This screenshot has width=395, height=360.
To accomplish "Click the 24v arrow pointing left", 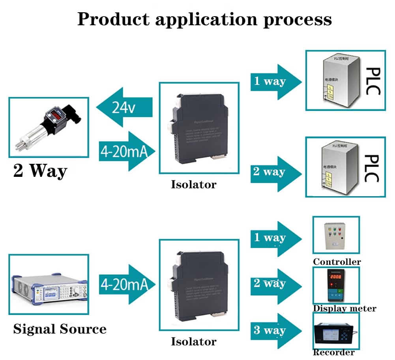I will point(124,108).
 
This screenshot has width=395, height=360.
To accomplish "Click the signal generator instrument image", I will point(49,284).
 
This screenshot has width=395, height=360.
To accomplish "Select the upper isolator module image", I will point(198,128).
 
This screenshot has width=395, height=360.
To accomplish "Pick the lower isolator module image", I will point(198,285).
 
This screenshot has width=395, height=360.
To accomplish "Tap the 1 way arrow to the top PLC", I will point(275,82).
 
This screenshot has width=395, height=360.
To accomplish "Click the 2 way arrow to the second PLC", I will point(275,172).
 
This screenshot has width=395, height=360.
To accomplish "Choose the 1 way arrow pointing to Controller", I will point(275,238).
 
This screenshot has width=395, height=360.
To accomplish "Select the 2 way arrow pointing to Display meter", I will point(275,284).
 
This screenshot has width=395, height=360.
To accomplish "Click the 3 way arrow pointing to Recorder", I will point(275,330).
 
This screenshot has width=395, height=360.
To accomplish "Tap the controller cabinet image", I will point(335,236).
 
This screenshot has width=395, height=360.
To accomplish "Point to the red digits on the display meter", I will point(336,277).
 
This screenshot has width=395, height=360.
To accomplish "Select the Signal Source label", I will point(60,329).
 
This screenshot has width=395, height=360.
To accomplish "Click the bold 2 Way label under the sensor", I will point(40,171).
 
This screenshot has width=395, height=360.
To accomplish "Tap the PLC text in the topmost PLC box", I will point(372,81).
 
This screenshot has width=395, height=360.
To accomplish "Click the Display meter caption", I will point(344,308).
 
